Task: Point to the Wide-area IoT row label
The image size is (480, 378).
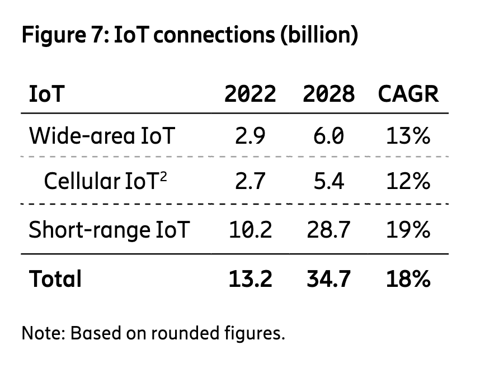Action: pos(102,136)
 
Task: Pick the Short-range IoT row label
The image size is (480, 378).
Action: pos(109,229)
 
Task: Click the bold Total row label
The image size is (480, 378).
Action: pos(55,278)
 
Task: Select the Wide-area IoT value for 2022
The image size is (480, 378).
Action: pos(250,136)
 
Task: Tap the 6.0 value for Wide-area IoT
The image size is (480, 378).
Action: pos(328,136)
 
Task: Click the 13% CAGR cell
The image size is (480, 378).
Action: pos(408,136)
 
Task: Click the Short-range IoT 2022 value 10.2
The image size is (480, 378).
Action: pos(250,229)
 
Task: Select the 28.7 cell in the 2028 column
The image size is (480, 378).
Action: pos(328,229)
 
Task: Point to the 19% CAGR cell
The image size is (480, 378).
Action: pos(408,229)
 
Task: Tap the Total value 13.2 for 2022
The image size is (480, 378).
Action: pos(250,278)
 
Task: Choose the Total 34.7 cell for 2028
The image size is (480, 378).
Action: pos(328,278)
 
